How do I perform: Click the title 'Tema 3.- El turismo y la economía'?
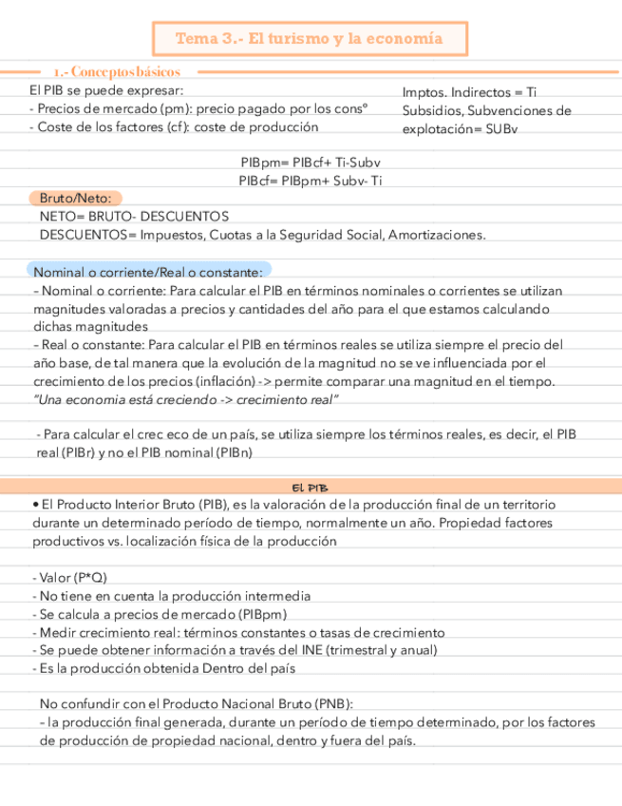click(x=310, y=39)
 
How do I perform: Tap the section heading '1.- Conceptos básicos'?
click(x=118, y=72)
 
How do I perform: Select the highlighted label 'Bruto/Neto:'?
click(x=75, y=199)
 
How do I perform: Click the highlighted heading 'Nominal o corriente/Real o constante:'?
click(x=148, y=271)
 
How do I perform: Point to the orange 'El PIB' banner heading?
click(x=311, y=487)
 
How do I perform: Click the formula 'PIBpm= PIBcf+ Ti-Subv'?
click(x=310, y=163)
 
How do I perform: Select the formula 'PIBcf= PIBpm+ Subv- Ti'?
click(x=311, y=181)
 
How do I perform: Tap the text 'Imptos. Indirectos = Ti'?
click(x=469, y=92)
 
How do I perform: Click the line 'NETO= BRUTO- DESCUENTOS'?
click(x=134, y=217)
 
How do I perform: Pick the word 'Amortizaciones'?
click(x=437, y=235)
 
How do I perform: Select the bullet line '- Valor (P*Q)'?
click(x=69, y=578)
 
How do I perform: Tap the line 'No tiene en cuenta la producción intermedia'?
click(x=171, y=596)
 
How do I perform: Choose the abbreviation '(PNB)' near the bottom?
click(x=332, y=704)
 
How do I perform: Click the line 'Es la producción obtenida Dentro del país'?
click(x=162, y=668)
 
